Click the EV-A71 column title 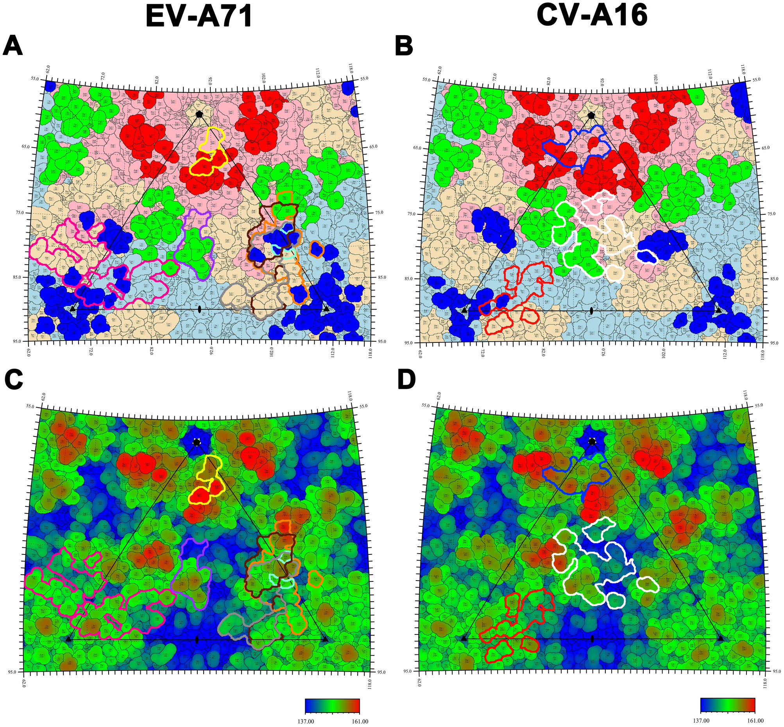pyautogui.click(x=199, y=17)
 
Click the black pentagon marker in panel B pyautogui.click(x=591, y=115)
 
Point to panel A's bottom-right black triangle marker pyautogui.click(x=326, y=309)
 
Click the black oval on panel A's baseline pyautogui.click(x=200, y=309)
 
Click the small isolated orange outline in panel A pyautogui.click(x=316, y=249)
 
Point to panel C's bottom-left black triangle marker pyautogui.click(x=69, y=639)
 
